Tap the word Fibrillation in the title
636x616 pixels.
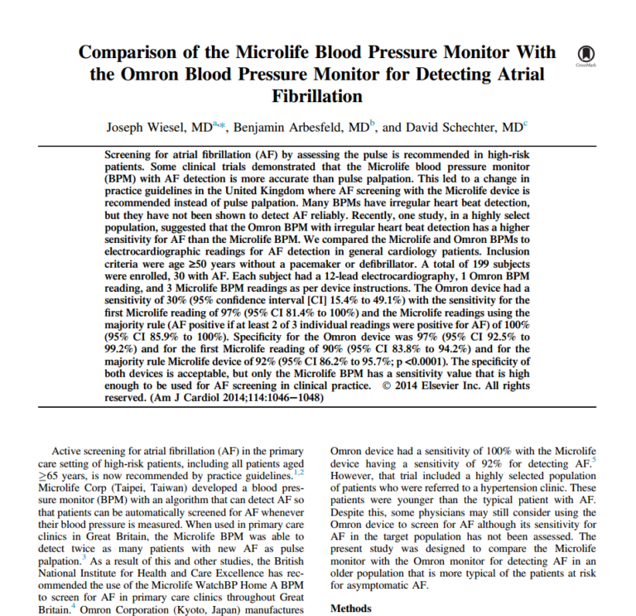pyautogui.click(x=319, y=96)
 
